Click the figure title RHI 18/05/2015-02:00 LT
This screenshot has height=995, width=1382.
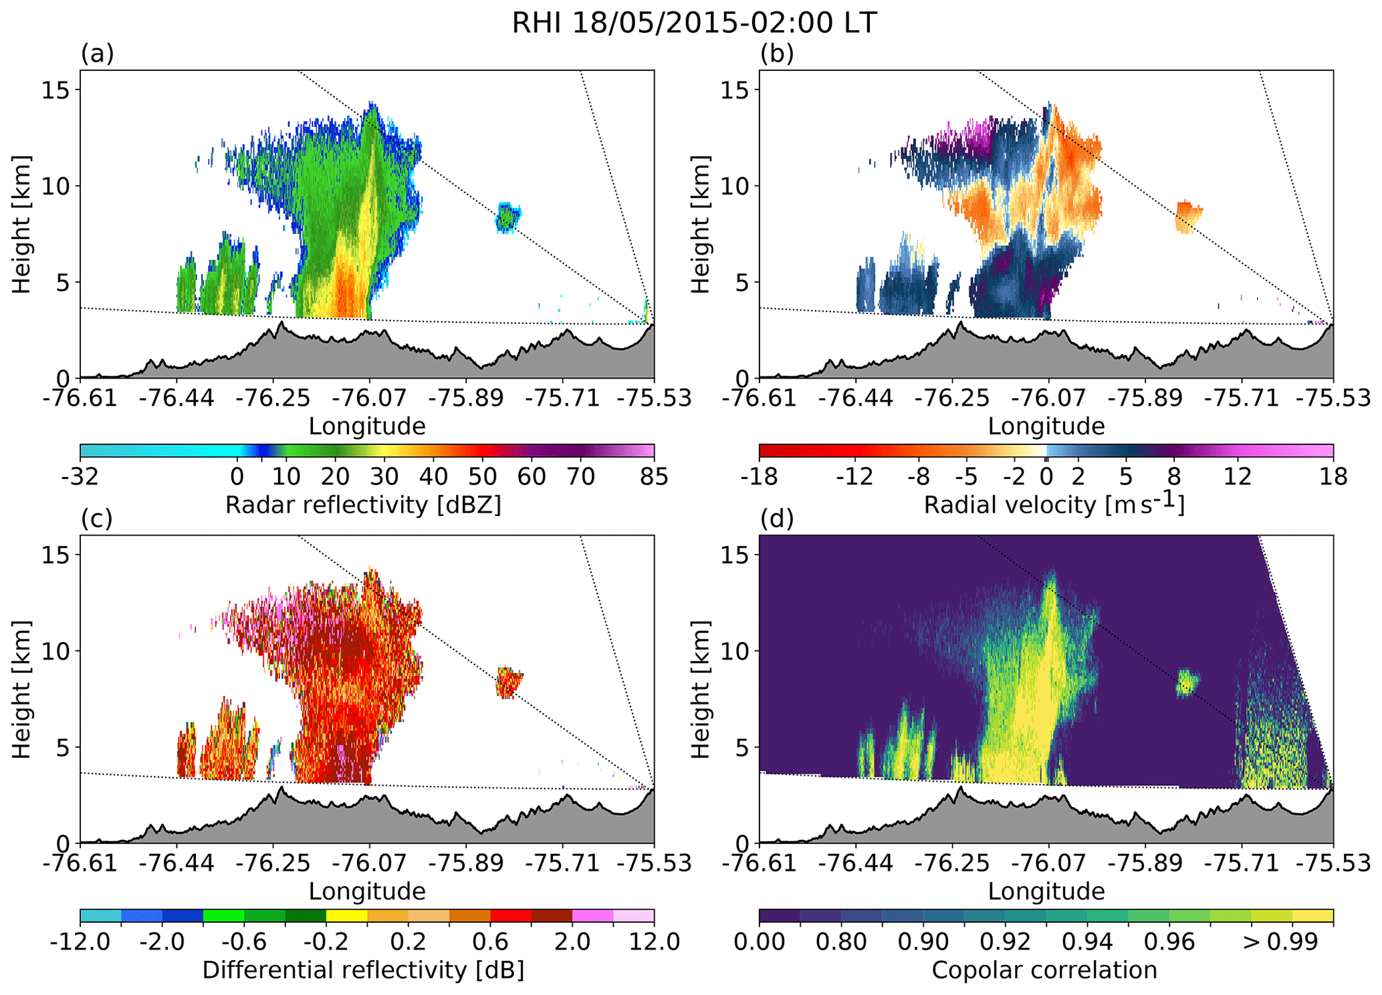[x=693, y=23]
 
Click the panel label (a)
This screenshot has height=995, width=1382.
[x=98, y=53]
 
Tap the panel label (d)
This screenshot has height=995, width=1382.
[x=777, y=518]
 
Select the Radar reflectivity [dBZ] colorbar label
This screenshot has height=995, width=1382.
[x=363, y=505]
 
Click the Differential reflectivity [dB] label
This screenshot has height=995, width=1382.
[x=363, y=970]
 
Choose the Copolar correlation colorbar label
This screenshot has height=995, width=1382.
[x=1044, y=970]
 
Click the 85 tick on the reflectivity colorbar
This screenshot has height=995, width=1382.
[x=653, y=477]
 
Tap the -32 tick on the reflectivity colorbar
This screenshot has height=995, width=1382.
[x=80, y=477]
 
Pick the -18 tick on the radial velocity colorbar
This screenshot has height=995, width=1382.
[x=760, y=477]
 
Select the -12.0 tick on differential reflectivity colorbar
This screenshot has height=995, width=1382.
[x=80, y=942]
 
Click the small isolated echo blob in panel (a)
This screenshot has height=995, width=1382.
[x=507, y=217]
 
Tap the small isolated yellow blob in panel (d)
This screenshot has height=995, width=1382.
[x=1187, y=683]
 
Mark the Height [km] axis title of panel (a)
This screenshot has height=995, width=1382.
[x=22, y=224]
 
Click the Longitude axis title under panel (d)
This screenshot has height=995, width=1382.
[x=1046, y=891]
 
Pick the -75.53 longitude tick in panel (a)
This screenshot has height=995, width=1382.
[x=653, y=399]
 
